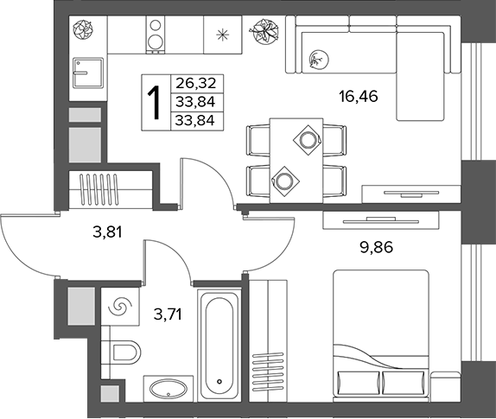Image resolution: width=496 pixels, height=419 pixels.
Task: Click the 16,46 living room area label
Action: pos(358,96)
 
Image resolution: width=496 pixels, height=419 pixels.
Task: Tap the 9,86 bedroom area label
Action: pos(377,247)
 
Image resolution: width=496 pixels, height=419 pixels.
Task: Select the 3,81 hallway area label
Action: pos(107,232)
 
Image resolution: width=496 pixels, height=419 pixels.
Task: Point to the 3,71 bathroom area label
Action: pos(168,314)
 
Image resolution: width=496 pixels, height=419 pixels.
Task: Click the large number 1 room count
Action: pos(156,103)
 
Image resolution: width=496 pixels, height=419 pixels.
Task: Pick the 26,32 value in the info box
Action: pos(196,83)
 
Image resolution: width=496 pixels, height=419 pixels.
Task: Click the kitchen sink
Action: pos(88,73)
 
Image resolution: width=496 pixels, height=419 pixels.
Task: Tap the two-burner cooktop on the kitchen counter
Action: pos(156,35)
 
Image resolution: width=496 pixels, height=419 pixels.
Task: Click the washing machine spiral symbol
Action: pos(120,307)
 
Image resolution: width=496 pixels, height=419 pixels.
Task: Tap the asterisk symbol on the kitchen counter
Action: pos(222,35)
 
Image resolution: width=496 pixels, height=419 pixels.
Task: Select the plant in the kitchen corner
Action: pos(83,29)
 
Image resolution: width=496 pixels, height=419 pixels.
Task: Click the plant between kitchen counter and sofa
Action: pos(264,32)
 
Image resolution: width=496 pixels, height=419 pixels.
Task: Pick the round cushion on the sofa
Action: pos(319,59)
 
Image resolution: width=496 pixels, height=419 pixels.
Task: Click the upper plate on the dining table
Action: pos(308,140)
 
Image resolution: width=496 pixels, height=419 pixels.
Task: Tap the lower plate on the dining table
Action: pos(283,181)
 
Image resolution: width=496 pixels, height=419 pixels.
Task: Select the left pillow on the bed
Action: pos(359,383)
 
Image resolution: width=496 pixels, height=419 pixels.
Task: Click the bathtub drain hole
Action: pos(219,381)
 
